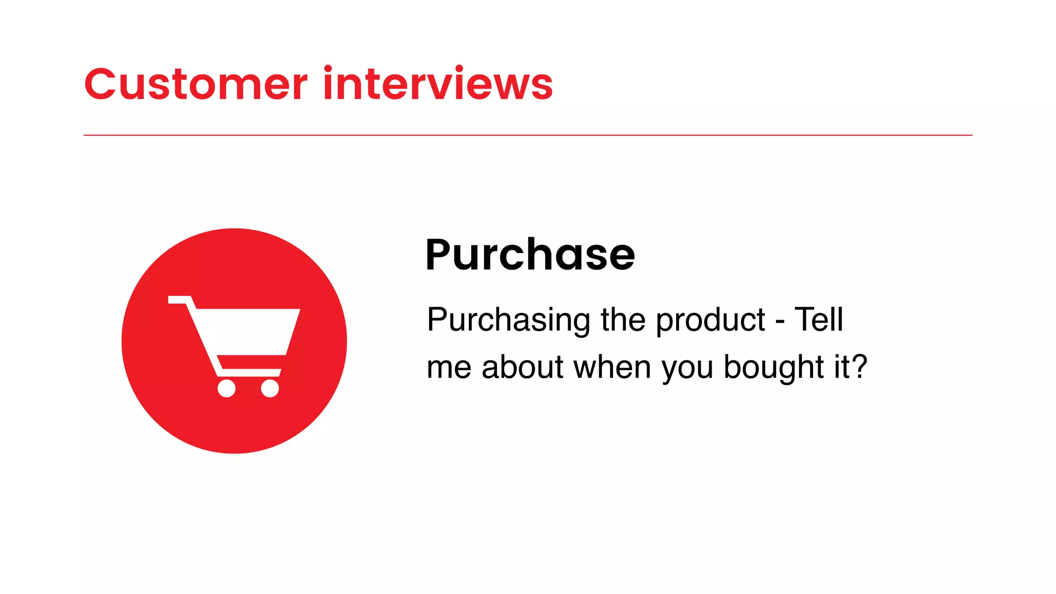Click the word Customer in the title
pyautogui.click(x=196, y=84)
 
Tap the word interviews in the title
pyautogui.click(x=438, y=84)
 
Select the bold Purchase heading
pyautogui.click(x=530, y=255)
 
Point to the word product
pyautogui.click(x=711, y=320)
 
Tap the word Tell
pyautogui.click(x=819, y=319)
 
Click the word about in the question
pyautogui.click(x=522, y=367)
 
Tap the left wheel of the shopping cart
pyautogui.click(x=226, y=388)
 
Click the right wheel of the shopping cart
pyautogui.click(x=270, y=388)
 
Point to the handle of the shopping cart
pyautogui.click(x=178, y=300)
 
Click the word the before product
pyautogui.click(x=623, y=320)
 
